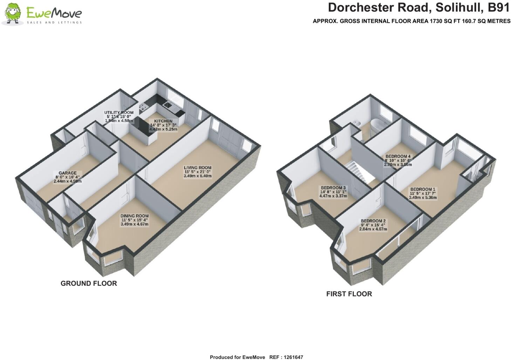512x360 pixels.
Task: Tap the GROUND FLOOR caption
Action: click(x=89, y=283)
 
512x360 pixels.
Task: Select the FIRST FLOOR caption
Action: click(x=349, y=294)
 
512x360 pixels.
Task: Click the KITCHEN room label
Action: click(x=163, y=121)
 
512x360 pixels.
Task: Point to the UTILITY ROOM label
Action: click(x=119, y=113)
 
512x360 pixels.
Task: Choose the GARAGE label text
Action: click(x=68, y=173)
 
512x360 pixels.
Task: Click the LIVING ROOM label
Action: click(x=198, y=168)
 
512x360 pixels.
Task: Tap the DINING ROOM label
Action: click(x=135, y=216)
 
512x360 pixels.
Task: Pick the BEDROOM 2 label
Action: click(x=373, y=221)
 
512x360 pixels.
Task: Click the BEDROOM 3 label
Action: click(x=333, y=188)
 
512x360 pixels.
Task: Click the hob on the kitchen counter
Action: click(x=144, y=107)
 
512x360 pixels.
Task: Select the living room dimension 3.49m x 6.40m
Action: click(x=198, y=176)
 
